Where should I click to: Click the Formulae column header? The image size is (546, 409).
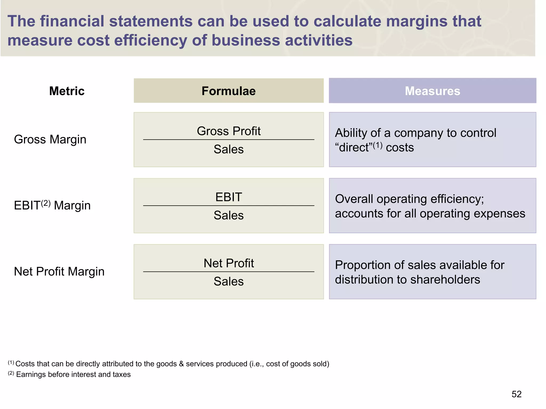[228, 91]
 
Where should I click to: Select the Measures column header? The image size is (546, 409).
[432, 91]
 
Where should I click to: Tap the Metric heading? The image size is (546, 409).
[67, 91]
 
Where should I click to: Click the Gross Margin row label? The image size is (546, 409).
[50, 139]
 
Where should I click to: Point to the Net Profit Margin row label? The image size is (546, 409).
[59, 271]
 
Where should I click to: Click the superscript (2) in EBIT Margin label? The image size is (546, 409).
[46, 203]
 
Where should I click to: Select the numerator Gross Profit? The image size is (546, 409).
[228, 131]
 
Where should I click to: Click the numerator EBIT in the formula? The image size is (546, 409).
[228, 197]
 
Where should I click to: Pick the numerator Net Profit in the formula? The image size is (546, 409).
[228, 263]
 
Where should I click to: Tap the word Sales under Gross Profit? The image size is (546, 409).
[228, 149]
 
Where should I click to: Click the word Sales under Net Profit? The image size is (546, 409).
[228, 281]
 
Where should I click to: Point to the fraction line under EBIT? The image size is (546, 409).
[228, 206]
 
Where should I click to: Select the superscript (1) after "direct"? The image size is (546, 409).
[377, 145]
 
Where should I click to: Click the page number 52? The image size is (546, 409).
[516, 394]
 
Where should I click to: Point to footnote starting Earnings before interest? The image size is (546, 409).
[73, 374]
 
